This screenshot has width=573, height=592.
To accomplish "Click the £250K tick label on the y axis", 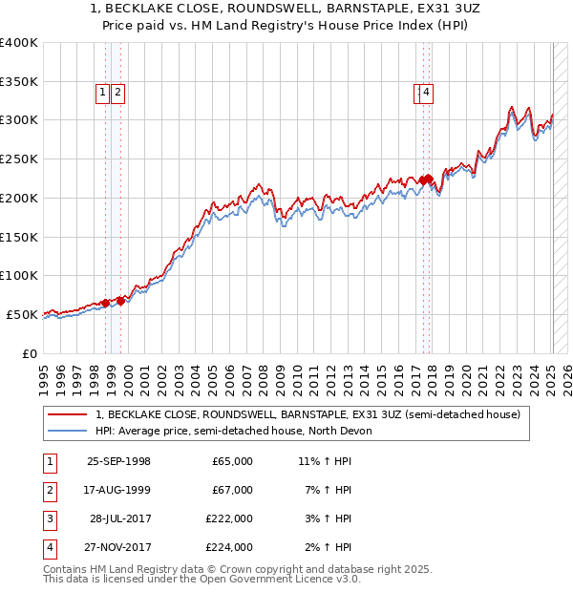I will [19, 159].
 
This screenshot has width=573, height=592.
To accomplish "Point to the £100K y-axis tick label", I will [19, 276].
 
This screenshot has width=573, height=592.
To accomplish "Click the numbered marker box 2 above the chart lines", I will [117, 93].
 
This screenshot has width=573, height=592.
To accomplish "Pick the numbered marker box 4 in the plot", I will [425, 93].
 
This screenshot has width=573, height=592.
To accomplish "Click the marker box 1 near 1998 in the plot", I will [102, 93].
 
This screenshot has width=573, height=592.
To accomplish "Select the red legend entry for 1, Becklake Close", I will [308, 414].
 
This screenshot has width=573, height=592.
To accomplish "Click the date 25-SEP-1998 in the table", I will [118, 461].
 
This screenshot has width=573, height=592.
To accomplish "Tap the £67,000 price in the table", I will [232, 490].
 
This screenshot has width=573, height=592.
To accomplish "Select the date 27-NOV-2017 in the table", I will [118, 547].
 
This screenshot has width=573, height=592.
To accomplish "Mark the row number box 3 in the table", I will [49, 518].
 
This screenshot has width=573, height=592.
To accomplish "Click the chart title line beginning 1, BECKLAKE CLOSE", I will [286, 10].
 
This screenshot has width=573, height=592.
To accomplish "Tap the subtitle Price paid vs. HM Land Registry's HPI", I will [286, 27].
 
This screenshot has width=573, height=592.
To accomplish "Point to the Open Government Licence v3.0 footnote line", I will [202, 579].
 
